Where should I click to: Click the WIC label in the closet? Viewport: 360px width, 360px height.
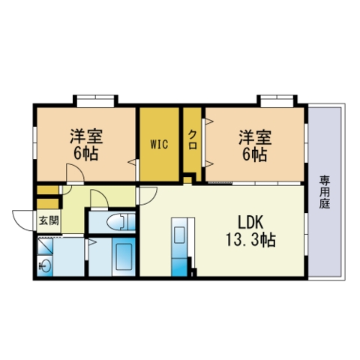pos(159,145)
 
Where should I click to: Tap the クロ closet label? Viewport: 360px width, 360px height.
pos(193,140)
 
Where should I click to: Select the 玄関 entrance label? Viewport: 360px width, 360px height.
pos(49,220)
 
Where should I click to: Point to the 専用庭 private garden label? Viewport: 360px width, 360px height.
pos(325,192)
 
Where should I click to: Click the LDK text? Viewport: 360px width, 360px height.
pos(250,222)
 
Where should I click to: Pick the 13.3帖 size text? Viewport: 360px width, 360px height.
pos(251,240)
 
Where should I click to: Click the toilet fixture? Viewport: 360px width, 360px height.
pos(121,222)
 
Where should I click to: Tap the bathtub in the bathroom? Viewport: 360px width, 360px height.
pos(124,257)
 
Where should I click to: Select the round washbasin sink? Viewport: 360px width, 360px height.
pos(45,265)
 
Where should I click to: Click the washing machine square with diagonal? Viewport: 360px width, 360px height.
pos(45,246)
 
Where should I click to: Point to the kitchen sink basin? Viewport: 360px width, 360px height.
pos(179,235)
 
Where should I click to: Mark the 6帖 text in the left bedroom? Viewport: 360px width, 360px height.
pos(85,154)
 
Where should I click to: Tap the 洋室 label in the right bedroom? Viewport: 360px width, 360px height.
pos(255,137)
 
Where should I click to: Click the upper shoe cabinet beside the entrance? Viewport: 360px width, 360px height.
pos(48,190)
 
